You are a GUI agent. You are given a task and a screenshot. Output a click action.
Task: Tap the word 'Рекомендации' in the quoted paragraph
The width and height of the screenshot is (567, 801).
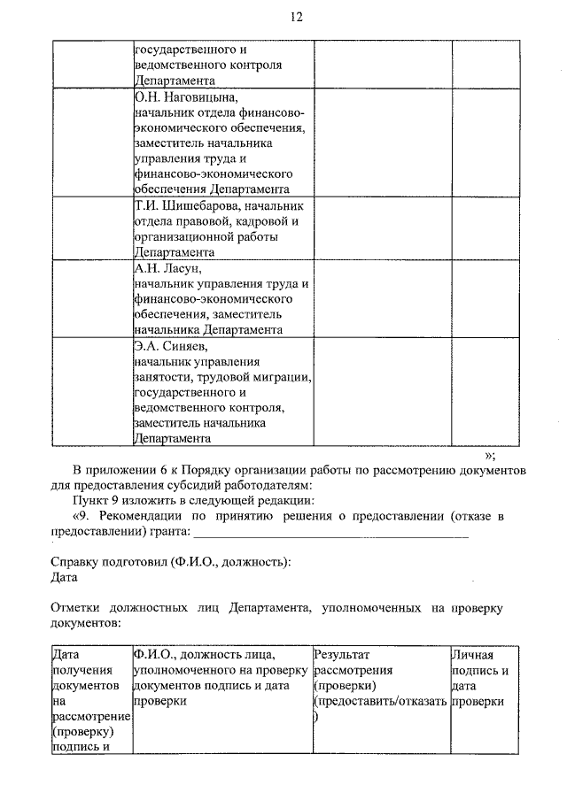click(136, 516)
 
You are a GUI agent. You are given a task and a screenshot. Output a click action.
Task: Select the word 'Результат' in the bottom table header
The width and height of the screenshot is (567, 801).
click(341, 654)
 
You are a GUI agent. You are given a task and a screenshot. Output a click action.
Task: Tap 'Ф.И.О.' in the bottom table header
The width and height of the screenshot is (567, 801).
click(153, 654)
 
